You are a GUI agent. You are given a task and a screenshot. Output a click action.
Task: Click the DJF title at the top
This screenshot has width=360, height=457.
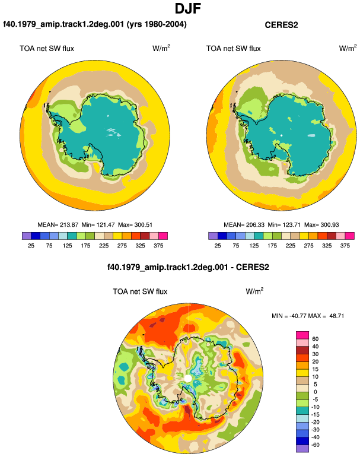coord(188,8)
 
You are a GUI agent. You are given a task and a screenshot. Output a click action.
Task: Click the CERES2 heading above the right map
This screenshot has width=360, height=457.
coord(281,25)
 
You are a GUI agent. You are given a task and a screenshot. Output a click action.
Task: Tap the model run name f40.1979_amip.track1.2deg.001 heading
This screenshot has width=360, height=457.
coord(95,24)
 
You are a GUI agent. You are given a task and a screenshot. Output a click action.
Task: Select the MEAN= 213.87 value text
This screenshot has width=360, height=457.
coord(58,225)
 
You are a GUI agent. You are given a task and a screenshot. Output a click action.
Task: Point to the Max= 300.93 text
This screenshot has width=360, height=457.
coord(321,225)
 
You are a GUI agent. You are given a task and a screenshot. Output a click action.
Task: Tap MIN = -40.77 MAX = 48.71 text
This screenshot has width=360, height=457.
coord(308,316)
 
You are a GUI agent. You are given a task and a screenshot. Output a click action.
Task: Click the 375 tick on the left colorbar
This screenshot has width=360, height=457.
coord(158,246)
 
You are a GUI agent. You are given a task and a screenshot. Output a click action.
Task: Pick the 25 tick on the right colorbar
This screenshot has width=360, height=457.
coord(218,246)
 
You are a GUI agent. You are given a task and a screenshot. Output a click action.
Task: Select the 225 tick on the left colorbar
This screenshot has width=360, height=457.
coord(104,246)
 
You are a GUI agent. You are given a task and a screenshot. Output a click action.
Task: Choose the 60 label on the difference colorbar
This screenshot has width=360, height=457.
coord(315,339)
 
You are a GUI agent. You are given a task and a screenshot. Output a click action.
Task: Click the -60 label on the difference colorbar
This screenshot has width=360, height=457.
coord(314,445)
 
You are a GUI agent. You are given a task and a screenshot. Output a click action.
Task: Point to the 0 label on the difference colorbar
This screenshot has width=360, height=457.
coord(315,392)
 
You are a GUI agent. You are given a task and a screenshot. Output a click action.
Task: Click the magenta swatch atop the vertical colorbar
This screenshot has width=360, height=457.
coord(302,335)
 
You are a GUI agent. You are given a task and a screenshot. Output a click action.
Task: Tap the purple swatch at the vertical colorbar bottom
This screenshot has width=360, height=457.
coord(302,449)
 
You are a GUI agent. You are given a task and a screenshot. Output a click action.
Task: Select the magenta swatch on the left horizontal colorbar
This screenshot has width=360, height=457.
coord(163,236)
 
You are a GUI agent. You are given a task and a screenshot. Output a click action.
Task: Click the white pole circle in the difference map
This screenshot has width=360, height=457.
coord(188,378)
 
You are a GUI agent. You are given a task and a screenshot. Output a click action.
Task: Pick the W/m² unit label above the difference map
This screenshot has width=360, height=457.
coord(254,291)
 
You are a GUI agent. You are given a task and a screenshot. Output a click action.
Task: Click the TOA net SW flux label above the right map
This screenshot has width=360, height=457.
coord(233,49)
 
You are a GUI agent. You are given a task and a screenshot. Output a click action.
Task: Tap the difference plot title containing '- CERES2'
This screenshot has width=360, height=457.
coord(188,267)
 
